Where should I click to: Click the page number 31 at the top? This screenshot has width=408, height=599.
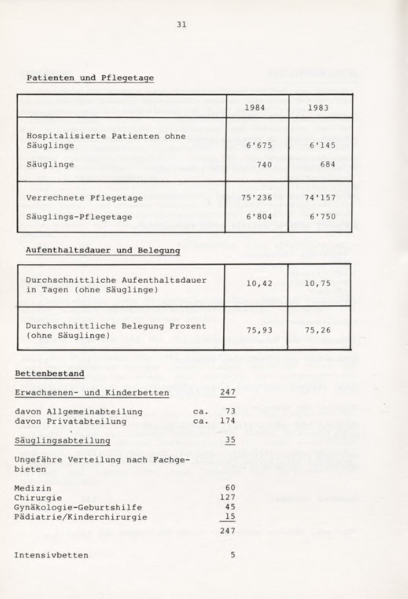[181, 25]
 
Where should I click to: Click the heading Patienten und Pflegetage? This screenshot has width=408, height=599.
[90, 78]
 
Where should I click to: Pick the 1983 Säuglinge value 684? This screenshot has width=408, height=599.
[327, 164]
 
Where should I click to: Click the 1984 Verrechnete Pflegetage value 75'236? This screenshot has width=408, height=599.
[256, 198]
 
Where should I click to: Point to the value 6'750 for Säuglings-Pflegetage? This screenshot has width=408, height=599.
[322, 217]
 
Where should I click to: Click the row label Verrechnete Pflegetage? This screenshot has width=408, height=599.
[84, 198]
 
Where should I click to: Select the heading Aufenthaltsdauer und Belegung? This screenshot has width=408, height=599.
[103, 250]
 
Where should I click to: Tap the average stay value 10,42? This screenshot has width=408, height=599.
[259, 283]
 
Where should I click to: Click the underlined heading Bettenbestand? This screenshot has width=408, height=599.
[49, 373]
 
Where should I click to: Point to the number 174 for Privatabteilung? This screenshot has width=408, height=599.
[228, 421]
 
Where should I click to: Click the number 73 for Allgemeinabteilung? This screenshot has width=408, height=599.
[230, 411]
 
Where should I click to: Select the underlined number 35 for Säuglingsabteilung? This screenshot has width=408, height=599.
[230, 440]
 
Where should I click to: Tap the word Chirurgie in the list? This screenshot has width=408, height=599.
[38, 498]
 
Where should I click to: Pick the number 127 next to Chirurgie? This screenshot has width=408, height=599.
[228, 498]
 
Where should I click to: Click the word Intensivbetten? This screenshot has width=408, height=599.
[51, 555]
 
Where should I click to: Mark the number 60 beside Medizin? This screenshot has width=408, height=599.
[230, 488]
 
